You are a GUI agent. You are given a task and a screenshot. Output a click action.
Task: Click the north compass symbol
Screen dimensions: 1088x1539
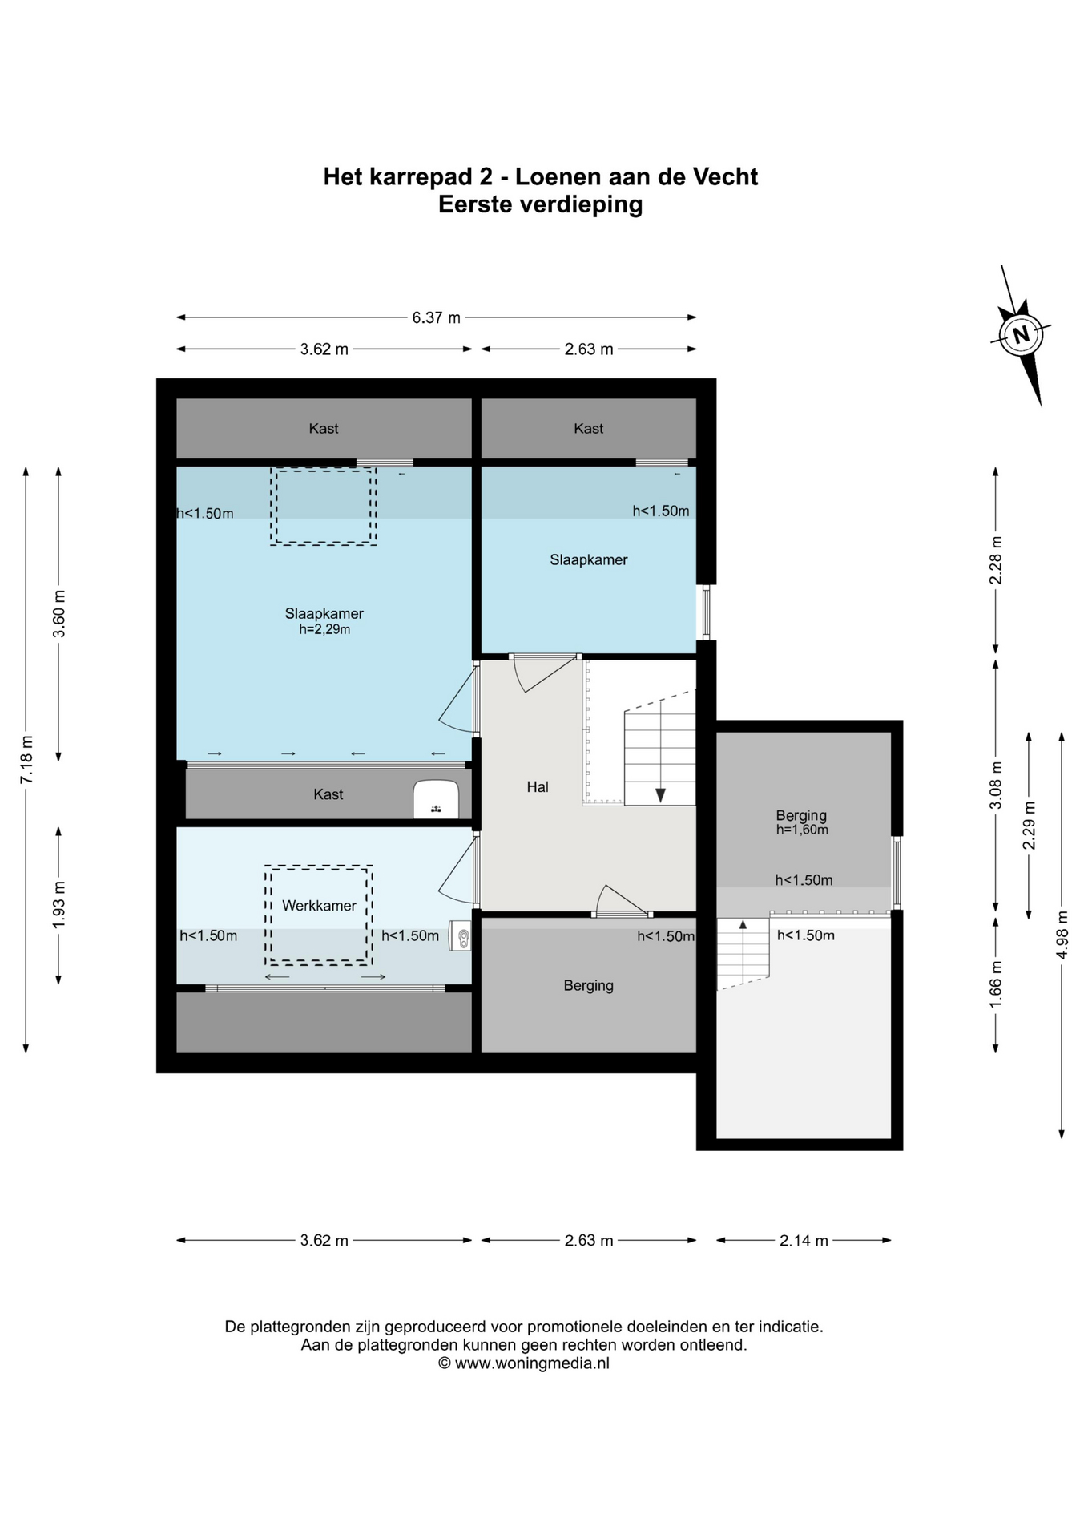click(1021, 334)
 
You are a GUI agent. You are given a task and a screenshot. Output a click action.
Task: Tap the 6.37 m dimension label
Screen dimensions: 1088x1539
click(437, 317)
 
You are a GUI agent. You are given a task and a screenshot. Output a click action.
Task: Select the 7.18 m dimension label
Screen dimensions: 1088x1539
click(26, 759)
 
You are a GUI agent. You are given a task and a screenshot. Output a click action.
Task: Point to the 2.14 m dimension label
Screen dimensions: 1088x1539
click(804, 1240)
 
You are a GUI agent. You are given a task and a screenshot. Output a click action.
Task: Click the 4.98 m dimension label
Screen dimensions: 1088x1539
click(1062, 934)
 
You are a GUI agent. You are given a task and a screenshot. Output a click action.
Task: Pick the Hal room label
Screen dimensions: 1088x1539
click(538, 787)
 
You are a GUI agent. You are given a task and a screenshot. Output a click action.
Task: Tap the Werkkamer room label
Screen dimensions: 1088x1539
click(319, 906)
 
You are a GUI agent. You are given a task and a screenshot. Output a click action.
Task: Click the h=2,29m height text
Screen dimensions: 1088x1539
click(324, 630)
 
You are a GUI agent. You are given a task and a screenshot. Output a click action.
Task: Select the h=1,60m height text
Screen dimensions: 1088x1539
click(802, 830)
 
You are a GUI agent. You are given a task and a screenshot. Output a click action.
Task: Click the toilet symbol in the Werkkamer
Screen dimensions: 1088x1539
click(460, 935)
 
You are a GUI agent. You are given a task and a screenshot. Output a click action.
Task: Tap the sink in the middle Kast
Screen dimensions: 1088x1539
click(436, 799)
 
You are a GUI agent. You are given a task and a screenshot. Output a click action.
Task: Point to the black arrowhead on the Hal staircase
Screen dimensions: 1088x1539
click(660, 795)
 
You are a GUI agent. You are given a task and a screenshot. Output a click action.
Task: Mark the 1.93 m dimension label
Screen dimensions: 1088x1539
click(58, 905)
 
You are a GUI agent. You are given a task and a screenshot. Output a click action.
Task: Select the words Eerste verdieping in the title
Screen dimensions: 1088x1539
click(540, 204)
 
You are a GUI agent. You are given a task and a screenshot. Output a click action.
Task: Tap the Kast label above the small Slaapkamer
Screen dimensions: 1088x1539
click(589, 429)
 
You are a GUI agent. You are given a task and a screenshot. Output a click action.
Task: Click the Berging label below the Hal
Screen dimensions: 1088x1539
click(589, 986)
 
